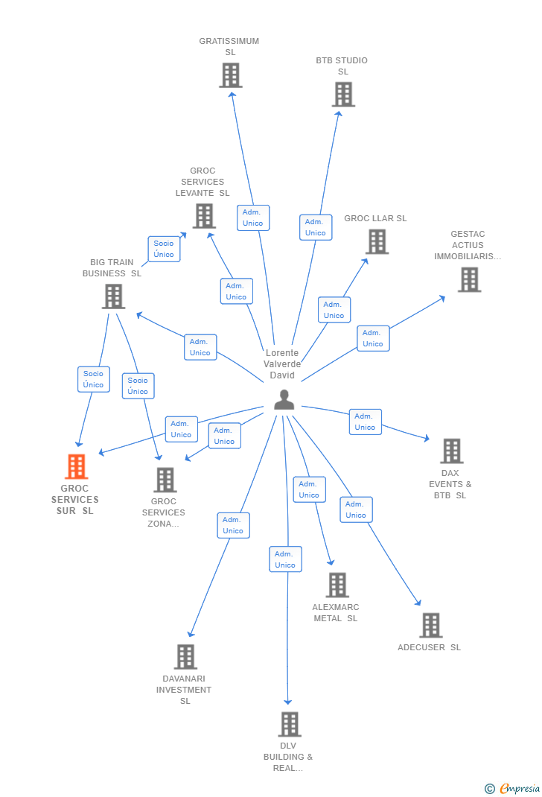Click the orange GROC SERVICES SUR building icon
(x=76, y=467)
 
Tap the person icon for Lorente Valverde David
(x=284, y=401)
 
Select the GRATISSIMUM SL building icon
(x=230, y=75)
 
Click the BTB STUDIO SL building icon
(x=343, y=95)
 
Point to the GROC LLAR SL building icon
(x=377, y=241)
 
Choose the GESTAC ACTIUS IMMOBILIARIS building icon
(x=469, y=280)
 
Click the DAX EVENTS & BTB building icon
(x=451, y=451)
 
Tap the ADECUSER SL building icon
(x=430, y=626)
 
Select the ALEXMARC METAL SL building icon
(x=337, y=585)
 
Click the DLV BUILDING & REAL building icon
(x=289, y=724)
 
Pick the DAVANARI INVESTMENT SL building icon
(x=185, y=657)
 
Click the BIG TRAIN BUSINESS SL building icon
(x=113, y=296)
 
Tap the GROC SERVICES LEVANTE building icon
(x=203, y=216)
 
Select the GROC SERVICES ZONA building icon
(x=165, y=480)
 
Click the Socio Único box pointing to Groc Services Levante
(x=164, y=249)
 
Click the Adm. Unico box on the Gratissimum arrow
(x=253, y=217)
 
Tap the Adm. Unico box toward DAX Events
(x=365, y=422)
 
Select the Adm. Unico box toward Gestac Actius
(x=373, y=338)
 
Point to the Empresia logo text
(x=519, y=789)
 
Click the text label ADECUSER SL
(x=429, y=647)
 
